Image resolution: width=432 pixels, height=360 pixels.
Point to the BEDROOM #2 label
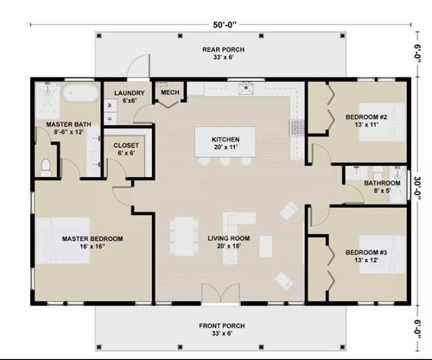[x=364, y=120]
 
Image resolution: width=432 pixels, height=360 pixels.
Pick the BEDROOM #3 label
[x=364, y=255]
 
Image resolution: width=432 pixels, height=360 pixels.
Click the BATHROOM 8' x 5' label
[x=381, y=187]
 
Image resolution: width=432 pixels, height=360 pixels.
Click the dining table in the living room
[x=184, y=237]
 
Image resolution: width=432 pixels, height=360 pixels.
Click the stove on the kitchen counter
[x=298, y=128]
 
